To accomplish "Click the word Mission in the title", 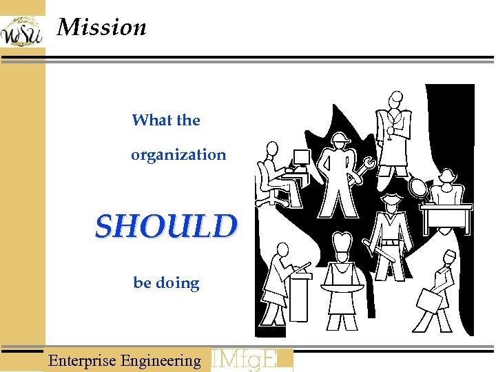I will point(102,28).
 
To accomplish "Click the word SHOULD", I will point(166,226).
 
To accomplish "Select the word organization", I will point(178,155).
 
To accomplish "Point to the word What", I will point(151,121).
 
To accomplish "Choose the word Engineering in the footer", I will point(161,360).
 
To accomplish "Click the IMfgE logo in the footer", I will point(251,360).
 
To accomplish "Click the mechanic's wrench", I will point(363,170).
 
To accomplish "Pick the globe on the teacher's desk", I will point(417,186).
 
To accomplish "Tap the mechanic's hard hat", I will point(340,140).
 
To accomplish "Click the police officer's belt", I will point(391,242).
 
